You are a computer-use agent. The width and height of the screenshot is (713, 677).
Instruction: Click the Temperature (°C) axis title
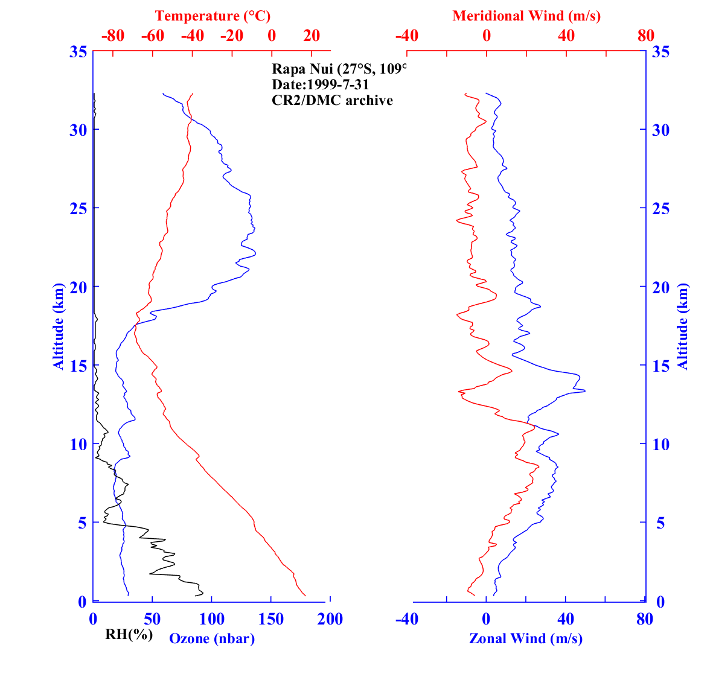tap(213, 16)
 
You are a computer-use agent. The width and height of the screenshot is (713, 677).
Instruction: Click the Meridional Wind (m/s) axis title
tap(526, 16)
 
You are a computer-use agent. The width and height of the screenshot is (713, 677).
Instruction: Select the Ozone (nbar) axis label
tap(212, 638)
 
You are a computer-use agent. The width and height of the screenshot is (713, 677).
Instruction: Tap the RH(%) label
tap(129, 634)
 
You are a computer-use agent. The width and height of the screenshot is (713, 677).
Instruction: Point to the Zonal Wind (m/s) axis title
tap(526, 638)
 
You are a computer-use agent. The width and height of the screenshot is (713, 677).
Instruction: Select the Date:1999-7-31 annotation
tap(321, 84)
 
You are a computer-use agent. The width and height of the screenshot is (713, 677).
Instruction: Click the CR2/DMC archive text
tap(332, 100)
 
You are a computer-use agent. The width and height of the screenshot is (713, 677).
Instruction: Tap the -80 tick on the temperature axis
tap(113, 36)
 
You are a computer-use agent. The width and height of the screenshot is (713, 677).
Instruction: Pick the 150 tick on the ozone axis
tap(271, 619)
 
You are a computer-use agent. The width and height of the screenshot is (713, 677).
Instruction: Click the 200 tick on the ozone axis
tap(330, 619)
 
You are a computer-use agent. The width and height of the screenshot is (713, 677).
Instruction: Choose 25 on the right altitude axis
tap(660, 208)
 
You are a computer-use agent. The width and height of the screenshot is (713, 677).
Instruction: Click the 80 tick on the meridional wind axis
tap(645, 36)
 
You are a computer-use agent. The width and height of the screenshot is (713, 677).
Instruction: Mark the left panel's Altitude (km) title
tap(59, 326)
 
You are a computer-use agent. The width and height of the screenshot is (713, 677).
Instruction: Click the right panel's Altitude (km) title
tap(683, 326)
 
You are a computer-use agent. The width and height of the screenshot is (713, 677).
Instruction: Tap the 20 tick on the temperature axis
tap(312, 36)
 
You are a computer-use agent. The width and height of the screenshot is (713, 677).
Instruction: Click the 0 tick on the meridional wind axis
tap(487, 36)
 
